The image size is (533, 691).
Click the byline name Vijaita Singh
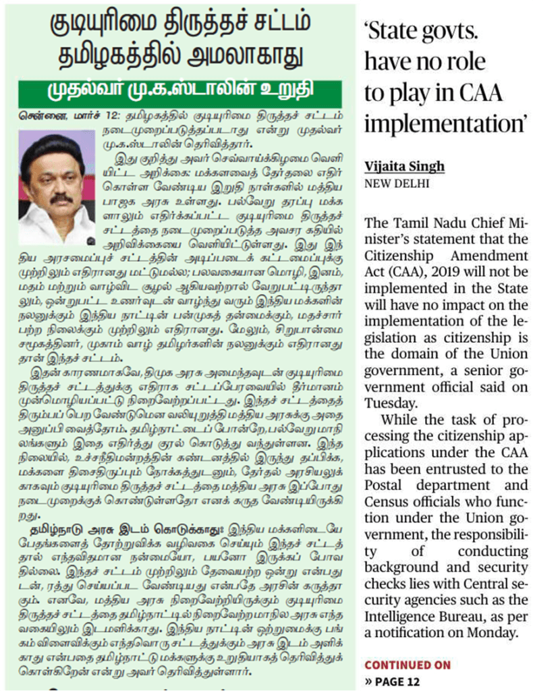[405, 167]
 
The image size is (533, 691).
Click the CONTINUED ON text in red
[407, 665]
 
